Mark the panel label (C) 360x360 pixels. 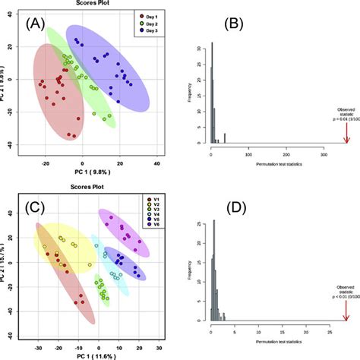(39, 206)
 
